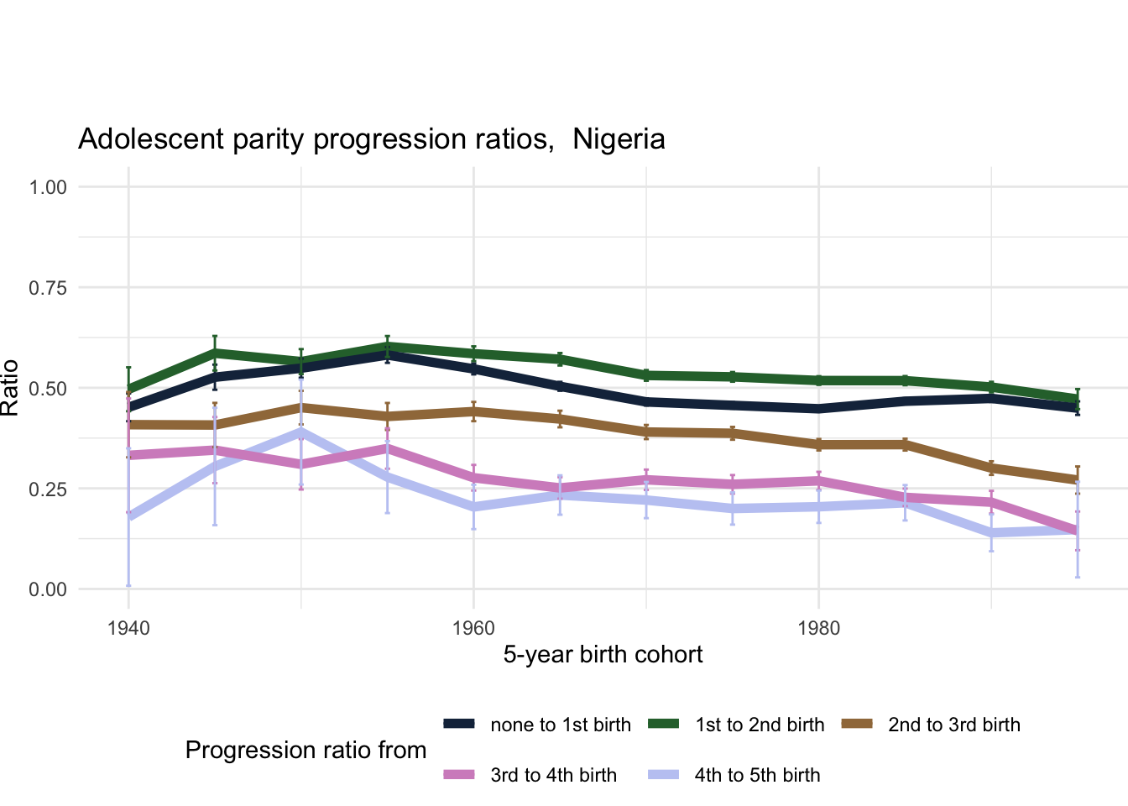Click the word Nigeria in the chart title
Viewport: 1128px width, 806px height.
619,139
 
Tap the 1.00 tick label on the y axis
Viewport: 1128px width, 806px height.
48,187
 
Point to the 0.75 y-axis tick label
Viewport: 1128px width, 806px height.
48,288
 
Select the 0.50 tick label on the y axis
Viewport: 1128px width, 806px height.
48,389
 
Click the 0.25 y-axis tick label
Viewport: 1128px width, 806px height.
48,489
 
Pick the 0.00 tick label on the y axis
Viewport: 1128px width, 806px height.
48,590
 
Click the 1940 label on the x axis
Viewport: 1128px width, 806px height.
128,629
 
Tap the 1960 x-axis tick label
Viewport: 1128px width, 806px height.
473,629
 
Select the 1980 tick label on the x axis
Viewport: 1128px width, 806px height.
818,629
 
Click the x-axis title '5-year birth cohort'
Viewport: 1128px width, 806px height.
603,655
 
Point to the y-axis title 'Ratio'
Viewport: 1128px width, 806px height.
10,388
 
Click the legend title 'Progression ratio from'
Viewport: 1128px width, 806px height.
305,751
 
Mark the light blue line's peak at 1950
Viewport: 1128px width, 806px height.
300,432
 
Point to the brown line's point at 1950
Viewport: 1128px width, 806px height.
300,408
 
